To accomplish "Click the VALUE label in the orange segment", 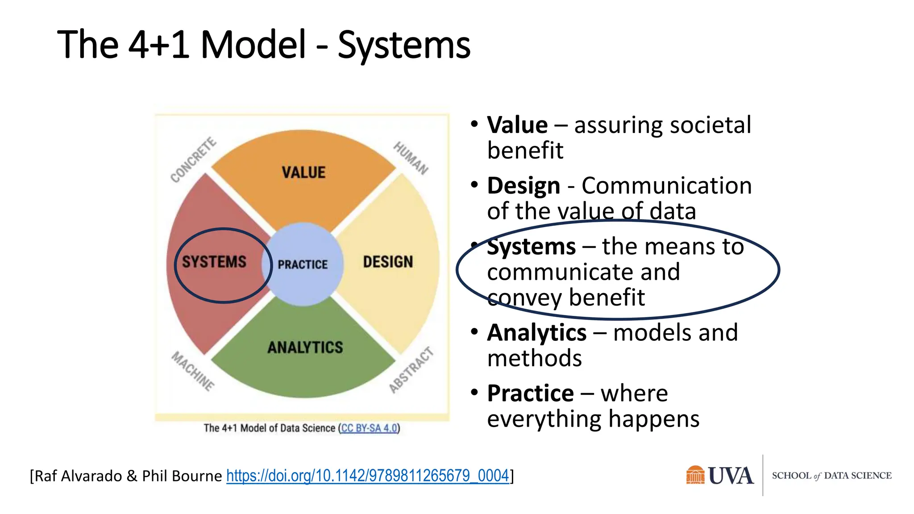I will coord(303,173).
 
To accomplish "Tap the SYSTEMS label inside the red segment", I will coord(214,262).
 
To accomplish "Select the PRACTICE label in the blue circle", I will coord(303,265).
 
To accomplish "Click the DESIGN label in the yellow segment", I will coord(388,262).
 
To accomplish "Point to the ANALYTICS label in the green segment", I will coord(305,347).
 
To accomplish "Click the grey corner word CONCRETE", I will coord(194,160).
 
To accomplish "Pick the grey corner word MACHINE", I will coord(193,371).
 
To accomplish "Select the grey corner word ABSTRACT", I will coord(411,370).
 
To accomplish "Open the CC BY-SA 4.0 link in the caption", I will coord(369,428).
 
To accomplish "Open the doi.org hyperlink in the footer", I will coord(367,476).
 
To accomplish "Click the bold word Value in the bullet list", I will coord(517,125).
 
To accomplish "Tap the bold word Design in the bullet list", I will coord(523,186).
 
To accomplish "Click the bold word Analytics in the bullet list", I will coord(536,333).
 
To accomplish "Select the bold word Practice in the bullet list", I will coord(530,394).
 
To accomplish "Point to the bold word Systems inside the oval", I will coord(531,247).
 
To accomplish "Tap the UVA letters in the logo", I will coord(731,476).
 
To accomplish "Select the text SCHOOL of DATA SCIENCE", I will coord(831,476).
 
